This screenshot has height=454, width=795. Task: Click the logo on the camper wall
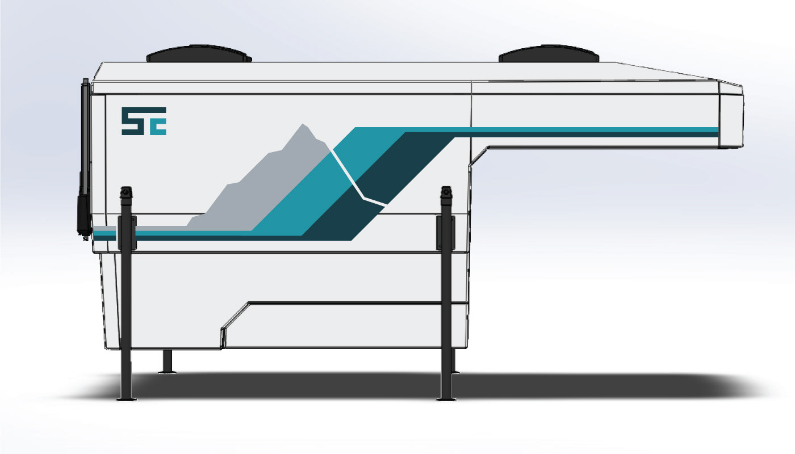pos(144,121)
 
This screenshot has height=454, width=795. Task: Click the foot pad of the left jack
pos(126,399)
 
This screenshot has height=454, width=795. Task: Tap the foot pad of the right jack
pos(446,399)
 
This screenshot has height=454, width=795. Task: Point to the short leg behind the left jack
pos(167,361)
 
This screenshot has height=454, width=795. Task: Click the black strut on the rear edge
pos(85,159)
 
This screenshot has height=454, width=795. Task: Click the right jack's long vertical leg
pos(446,312)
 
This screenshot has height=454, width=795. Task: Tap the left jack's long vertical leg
pos(126,312)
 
